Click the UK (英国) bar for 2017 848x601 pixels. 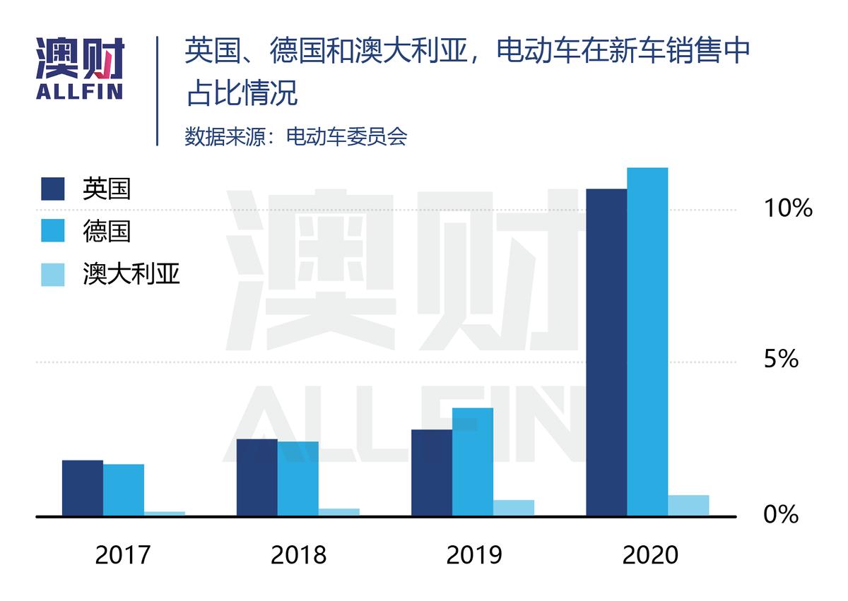pyautogui.click(x=83, y=488)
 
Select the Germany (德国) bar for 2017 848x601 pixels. pyautogui.click(x=124, y=490)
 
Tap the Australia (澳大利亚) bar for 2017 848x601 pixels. pyautogui.click(x=165, y=513)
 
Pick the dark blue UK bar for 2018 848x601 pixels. pyautogui.click(x=257, y=477)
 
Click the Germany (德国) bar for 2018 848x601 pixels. pyautogui.click(x=298, y=479)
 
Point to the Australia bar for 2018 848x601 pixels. pyautogui.click(x=339, y=512)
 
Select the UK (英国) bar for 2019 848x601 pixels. pyautogui.click(x=432, y=472)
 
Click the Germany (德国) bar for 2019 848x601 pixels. pyautogui.click(x=473, y=462)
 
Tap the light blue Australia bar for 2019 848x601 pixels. pyautogui.click(x=514, y=508)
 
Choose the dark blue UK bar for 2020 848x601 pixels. pyautogui.click(x=606, y=352)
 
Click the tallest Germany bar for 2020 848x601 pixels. pyautogui.click(x=647, y=342)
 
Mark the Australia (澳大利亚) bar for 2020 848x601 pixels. pyautogui.click(x=688, y=505)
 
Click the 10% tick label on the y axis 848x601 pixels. pyautogui.click(x=787, y=208)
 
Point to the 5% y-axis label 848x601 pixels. pyautogui.click(x=781, y=359)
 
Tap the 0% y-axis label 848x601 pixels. pyautogui.click(x=781, y=514)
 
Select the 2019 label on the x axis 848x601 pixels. pyautogui.click(x=474, y=555)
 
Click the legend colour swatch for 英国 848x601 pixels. pyautogui.click(x=53, y=189)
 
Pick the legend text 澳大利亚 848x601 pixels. pyautogui.click(x=131, y=274)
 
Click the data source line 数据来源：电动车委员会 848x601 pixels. pyautogui.click(x=296, y=136)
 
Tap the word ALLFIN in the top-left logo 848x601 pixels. pyautogui.click(x=79, y=91)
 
